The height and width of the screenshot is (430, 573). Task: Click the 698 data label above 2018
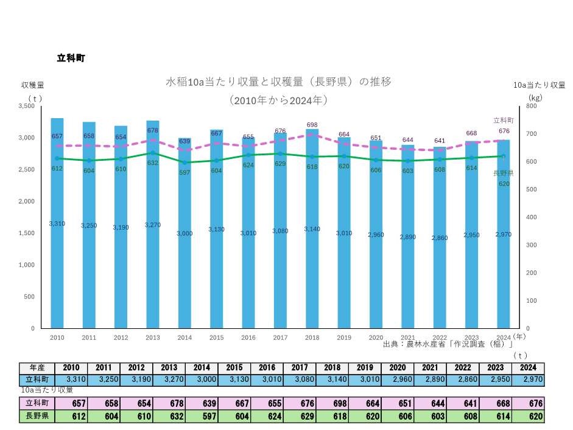pyautogui.click(x=312, y=124)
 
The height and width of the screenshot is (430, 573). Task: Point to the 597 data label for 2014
pyautogui.click(x=185, y=172)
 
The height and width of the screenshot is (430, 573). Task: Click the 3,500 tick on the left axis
pyautogui.click(x=27, y=106)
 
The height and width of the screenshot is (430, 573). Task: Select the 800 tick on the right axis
pyautogui.click(x=531, y=106)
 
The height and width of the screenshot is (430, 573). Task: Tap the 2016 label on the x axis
pyautogui.click(x=248, y=337)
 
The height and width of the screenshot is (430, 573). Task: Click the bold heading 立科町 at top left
pyautogui.click(x=71, y=58)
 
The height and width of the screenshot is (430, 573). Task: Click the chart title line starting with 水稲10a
pyautogui.click(x=278, y=82)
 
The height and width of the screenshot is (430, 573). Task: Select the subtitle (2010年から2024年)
pyautogui.click(x=278, y=100)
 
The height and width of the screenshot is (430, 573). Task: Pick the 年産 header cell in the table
pyautogui.click(x=37, y=368)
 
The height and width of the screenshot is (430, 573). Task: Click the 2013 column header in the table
pyautogui.click(x=169, y=368)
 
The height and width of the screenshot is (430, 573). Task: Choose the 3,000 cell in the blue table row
pyautogui.click(x=202, y=379)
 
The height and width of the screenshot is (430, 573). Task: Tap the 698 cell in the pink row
pyautogui.click(x=332, y=404)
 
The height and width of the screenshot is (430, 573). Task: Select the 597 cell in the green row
pyautogui.click(x=202, y=417)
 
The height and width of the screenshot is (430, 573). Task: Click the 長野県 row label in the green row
pyautogui.click(x=37, y=417)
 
